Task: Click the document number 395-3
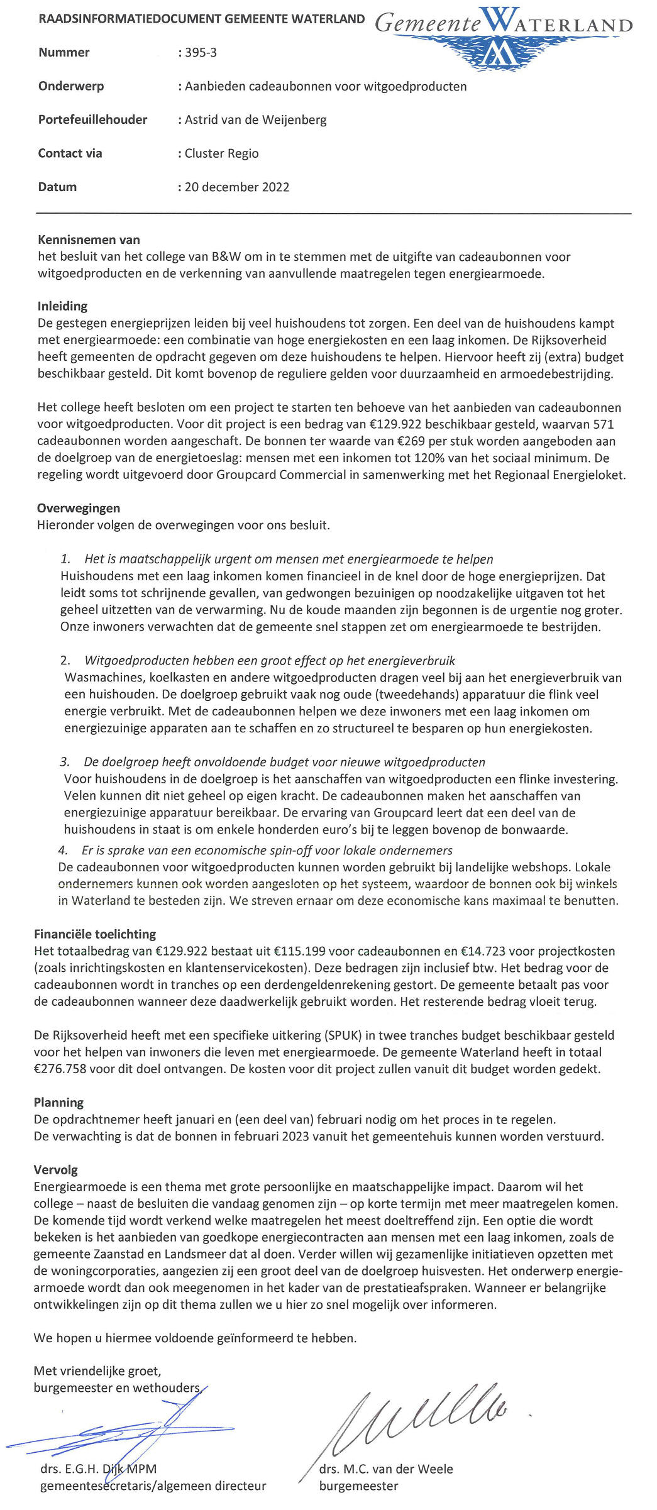click(201, 53)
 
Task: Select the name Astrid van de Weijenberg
click(255, 120)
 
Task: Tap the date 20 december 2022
click(236, 187)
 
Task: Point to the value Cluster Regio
click(221, 153)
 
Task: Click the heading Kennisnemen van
click(89, 240)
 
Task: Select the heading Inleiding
click(62, 307)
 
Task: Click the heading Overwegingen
click(78, 509)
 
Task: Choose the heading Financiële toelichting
click(95, 934)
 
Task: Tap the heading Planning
click(58, 1103)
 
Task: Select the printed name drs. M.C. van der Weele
click(385, 1469)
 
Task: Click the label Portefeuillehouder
click(92, 120)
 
